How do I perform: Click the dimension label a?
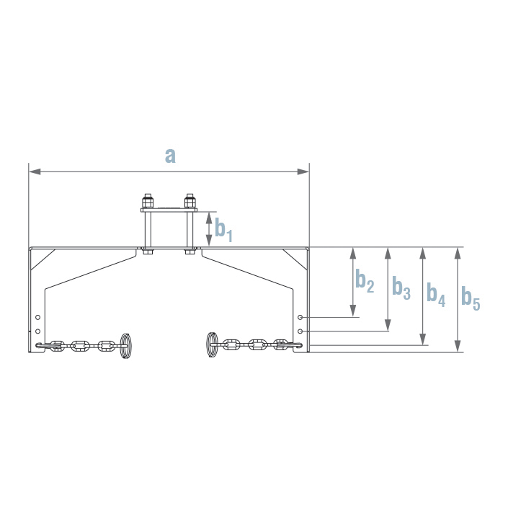click(x=170, y=155)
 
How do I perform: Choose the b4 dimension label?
click(x=435, y=293)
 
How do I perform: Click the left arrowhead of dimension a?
click(x=35, y=171)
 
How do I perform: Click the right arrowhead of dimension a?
click(x=303, y=171)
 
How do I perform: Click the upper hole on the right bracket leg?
click(x=300, y=317)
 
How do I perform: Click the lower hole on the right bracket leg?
click(x=300, y=331)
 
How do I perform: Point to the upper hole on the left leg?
click(x=37, y=317)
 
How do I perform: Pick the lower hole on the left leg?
click(x=37, y=331)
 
